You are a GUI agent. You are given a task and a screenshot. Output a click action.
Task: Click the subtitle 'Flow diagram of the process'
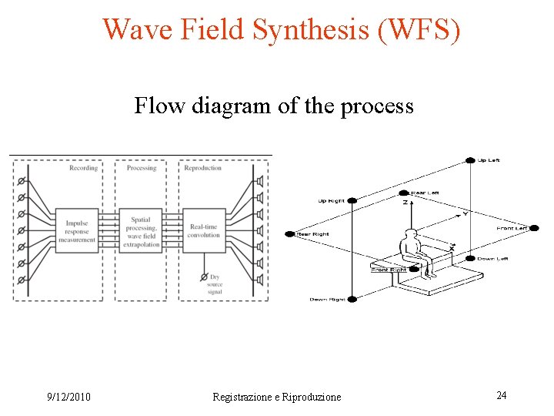tap(274, 105)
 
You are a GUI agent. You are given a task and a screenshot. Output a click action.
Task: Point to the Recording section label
tap(83, 168)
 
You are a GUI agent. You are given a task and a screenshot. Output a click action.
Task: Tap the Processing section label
tap(141, 168)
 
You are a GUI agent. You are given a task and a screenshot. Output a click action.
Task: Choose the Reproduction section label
tap(202, 168)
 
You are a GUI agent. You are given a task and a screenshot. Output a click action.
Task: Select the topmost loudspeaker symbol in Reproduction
tap(260, 182)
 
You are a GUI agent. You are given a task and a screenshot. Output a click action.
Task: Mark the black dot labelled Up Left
tap(471, 160)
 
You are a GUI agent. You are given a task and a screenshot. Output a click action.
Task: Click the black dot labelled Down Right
tap(352, 299)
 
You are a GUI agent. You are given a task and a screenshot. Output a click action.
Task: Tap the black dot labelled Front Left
tap(533, 228)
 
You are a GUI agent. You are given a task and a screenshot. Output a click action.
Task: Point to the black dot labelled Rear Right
tap(289, 233)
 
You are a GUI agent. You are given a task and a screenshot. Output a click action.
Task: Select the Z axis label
tap(405, 202)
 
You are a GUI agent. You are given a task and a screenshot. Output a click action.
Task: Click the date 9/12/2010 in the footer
tap(68, 397)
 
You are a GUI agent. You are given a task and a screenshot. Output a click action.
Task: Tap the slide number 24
tap(501, 395)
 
